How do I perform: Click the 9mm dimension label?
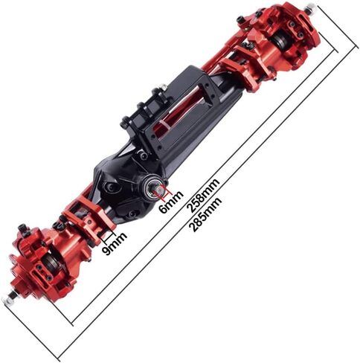(x=115, y=244)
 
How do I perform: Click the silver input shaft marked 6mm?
(x=158, y=191)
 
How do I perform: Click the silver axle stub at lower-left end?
(x=11, y=297)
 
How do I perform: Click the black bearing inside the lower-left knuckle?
(x=52, y=260)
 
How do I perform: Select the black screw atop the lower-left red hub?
(x=23, y=228)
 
